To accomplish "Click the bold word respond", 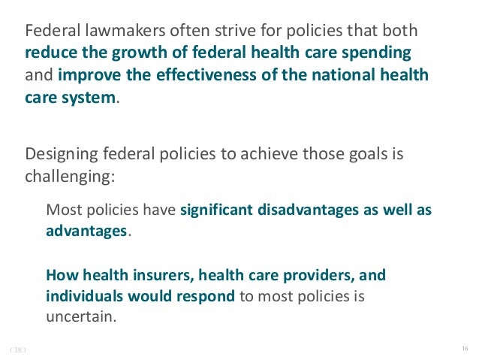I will [x=205, y=296].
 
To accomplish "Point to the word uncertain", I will [x=80, y=316].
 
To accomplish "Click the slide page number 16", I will [x=465, y=349].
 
